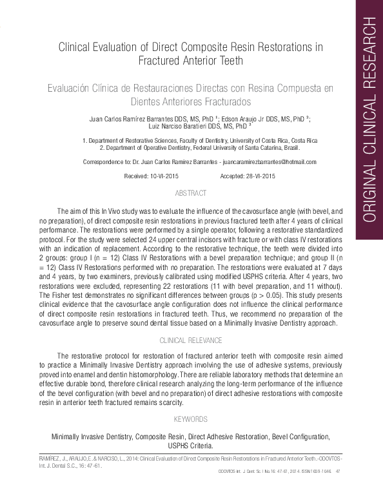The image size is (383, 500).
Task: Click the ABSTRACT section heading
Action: click(191, 193)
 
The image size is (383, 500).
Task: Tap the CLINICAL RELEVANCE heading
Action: click(191, 340)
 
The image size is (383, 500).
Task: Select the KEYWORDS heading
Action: click(191, 419)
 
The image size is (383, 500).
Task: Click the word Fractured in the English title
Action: click(164, 61)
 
